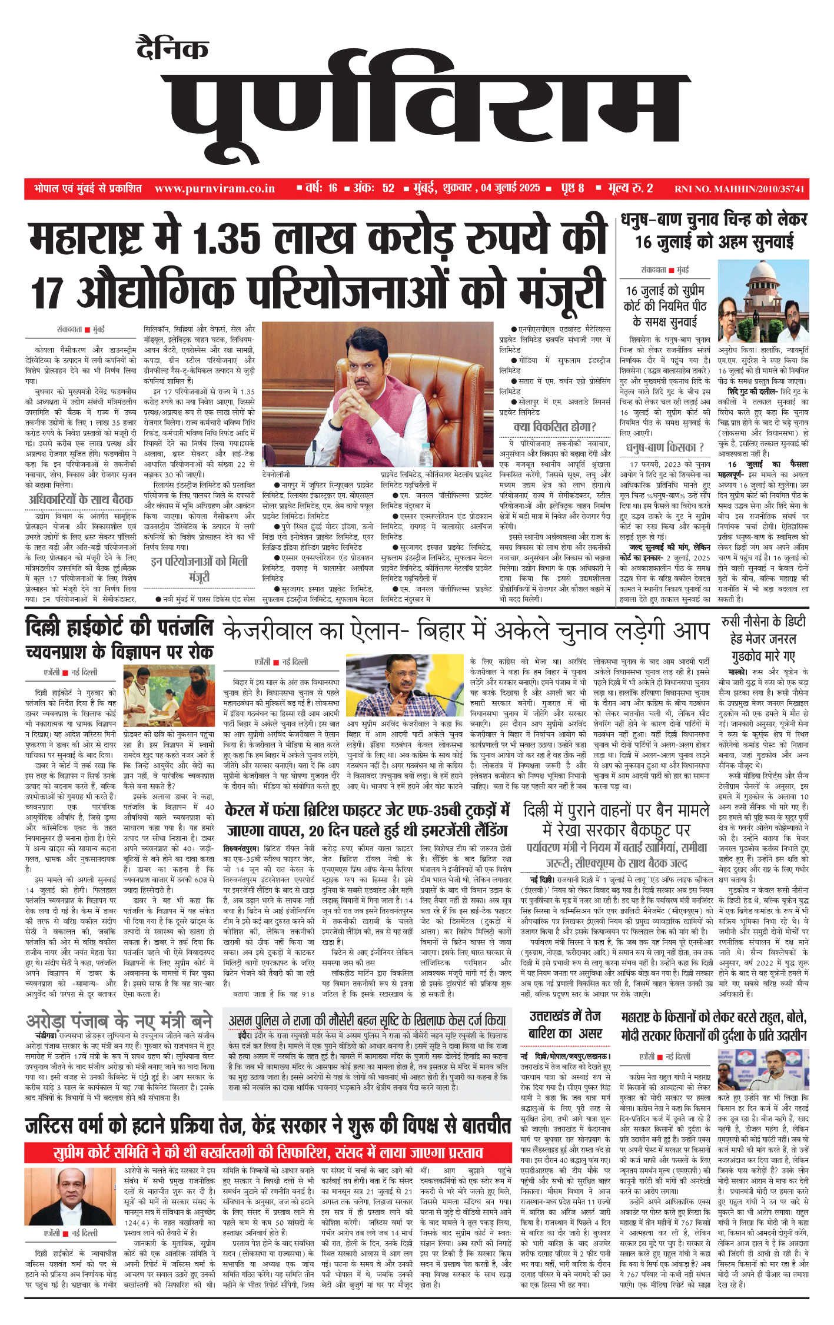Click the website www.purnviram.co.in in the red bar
[x=215, y=188]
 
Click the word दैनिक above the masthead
[x=172, y=48]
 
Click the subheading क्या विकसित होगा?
[x=554, y=427]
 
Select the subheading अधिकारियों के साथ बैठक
[x=81, y=500]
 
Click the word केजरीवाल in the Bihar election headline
[x=268, y=632]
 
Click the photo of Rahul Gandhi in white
[x=763, y=1071]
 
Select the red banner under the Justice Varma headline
[x=268, y=1152]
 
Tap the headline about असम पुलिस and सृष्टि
[x=367, y=1020]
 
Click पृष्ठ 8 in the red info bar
[x=572, y=188]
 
